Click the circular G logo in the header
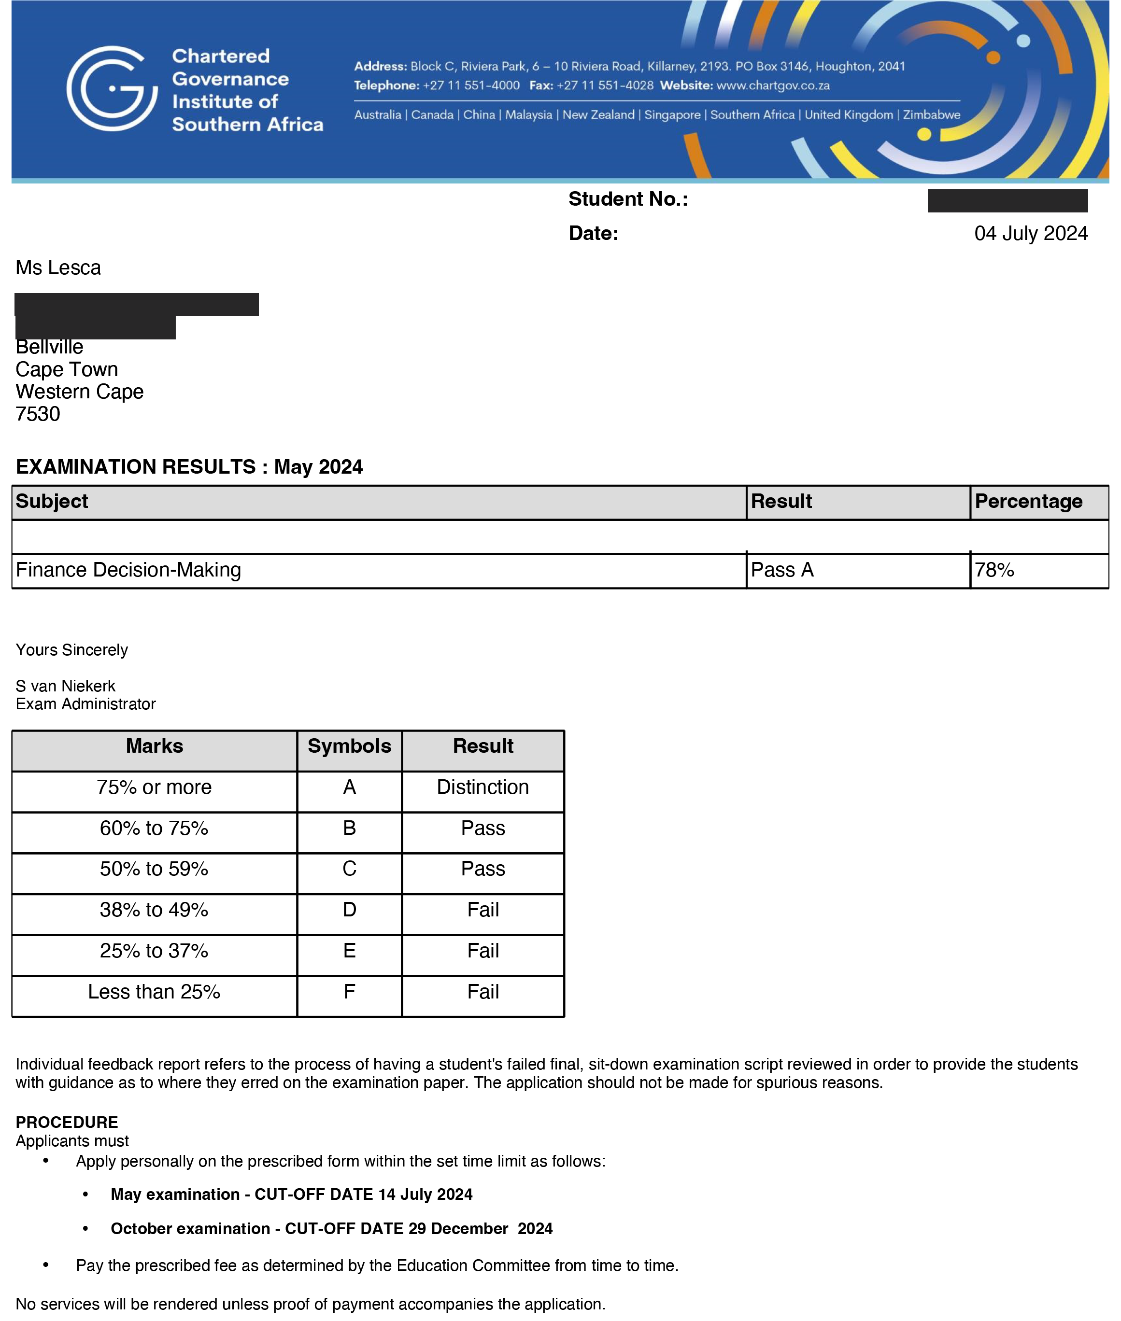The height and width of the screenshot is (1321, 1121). pos(112,88)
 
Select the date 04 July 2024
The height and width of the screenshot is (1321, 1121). pos(1030,233)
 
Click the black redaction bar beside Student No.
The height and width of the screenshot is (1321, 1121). pos(1007,201)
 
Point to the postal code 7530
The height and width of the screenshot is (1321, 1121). pos(38,414)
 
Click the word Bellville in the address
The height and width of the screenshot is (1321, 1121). pos(50,347)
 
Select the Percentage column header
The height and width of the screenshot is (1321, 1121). pos(1028,501)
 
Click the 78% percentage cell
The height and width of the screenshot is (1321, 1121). pos(994,570)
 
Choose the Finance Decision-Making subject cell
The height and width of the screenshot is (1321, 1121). pos(128,570)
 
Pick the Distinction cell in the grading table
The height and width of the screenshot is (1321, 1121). pos(483,787)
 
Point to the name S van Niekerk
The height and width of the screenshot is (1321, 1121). pos(66,686)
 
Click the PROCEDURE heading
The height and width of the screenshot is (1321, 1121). pos(67,1122)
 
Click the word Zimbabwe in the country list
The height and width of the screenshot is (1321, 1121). pos(932,115)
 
